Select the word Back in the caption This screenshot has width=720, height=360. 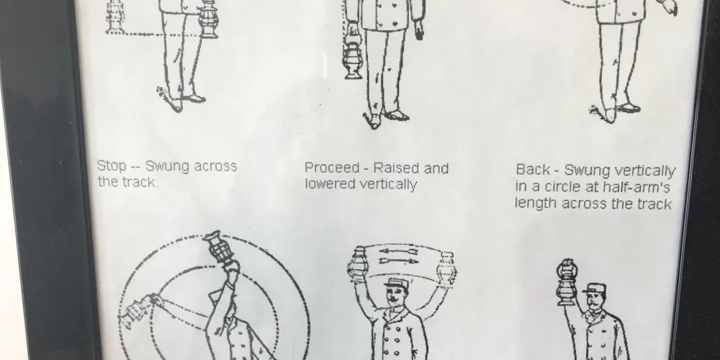532,169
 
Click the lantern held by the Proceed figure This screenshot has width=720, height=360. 353,55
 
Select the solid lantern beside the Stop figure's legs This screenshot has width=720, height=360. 208,19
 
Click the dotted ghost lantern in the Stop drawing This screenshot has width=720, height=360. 114,17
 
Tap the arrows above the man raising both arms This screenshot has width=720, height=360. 398,256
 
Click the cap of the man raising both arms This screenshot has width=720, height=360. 396,283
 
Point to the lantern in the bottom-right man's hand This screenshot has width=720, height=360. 567,282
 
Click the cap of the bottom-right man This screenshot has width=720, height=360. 595,289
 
